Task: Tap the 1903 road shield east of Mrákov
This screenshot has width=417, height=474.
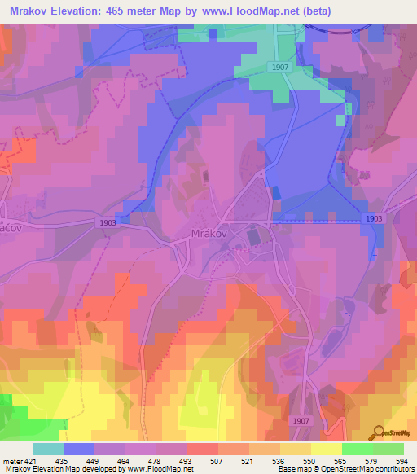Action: click(x=374, y=218)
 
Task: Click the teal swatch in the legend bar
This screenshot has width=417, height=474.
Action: click(x=48, y=449)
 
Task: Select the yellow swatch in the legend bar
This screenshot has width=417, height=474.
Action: click(x=326, y=449)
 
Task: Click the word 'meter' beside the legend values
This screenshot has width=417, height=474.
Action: click(x=11, y=461)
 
